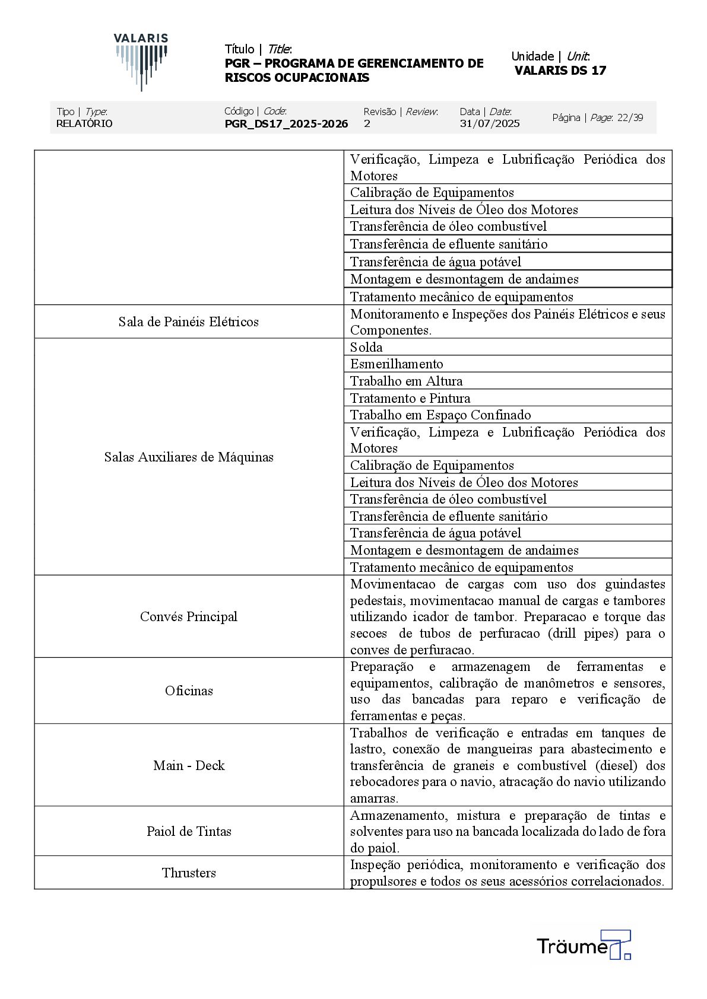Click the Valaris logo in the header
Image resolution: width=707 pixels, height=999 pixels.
(141, 61)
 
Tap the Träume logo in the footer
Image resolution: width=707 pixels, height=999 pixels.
(583, 945)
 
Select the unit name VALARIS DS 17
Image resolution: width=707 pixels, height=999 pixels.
(560, 71)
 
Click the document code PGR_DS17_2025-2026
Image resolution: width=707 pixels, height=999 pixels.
(286, 123)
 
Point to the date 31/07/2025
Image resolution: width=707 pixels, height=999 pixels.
(489, 123)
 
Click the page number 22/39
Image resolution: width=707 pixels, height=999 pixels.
(630, 117)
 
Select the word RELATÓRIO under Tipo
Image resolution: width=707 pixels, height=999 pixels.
(84, 123)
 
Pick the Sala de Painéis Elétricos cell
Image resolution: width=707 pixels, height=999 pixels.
(189, 322)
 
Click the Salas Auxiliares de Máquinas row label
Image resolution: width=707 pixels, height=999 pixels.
(189, 457)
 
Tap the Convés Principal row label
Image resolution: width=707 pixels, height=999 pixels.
(189, 616)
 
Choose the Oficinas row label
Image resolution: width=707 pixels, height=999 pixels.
(189, 691)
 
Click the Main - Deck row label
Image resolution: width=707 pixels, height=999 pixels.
(189, 765)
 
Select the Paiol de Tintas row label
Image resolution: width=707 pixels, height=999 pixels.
(189, 831)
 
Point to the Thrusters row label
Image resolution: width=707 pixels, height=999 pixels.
(189, 873)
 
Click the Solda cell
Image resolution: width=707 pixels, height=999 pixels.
(366, 347)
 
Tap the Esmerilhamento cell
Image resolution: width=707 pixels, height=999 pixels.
(397, 364)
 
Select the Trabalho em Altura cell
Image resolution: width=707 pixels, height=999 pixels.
(406, 381)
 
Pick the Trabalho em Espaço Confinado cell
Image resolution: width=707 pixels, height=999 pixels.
(440, 415)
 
